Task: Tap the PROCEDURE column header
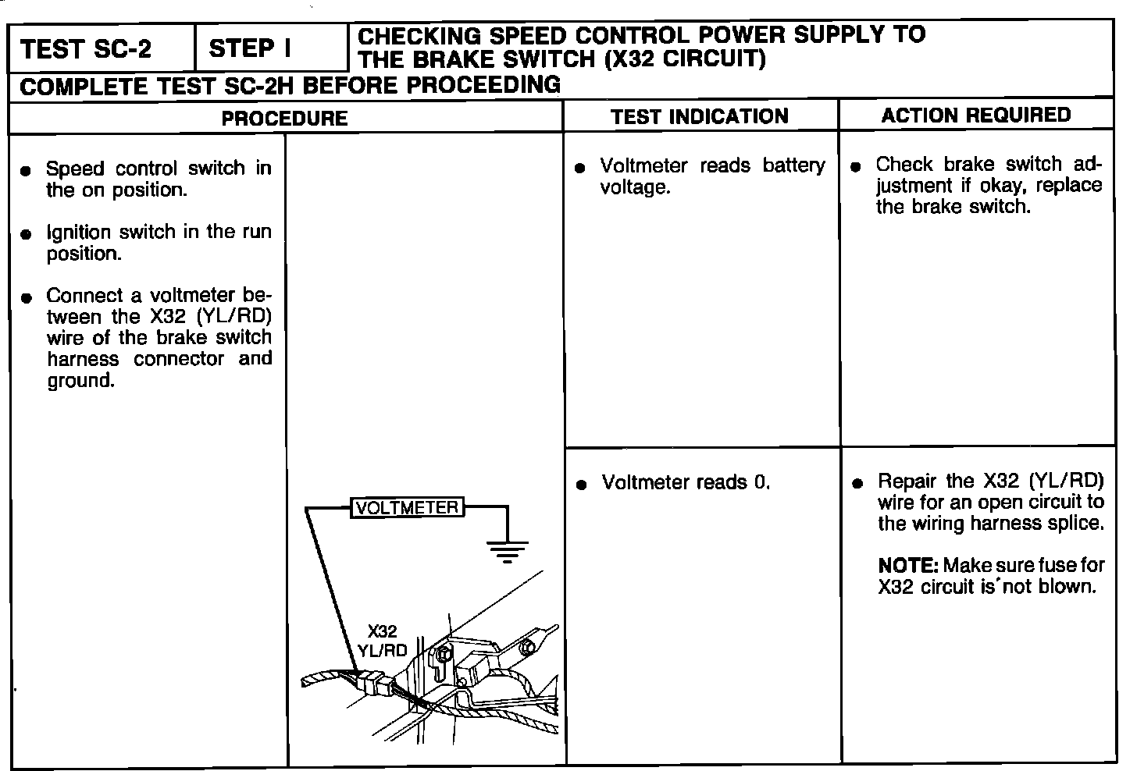coord(284,118)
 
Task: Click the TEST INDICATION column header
coord(700,116)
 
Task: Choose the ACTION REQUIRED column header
coord(976,115)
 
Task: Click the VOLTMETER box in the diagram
coord(407,507)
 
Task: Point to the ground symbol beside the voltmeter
coord(507,551)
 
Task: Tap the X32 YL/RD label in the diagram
coord(382,641)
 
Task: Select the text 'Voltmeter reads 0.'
coord(686,482)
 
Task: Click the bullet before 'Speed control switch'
coord(27,170)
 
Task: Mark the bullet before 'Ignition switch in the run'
coord(27,233)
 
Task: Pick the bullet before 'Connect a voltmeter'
coord(27,297)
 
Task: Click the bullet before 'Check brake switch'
coord(856,166)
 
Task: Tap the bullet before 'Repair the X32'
coord(857,483)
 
